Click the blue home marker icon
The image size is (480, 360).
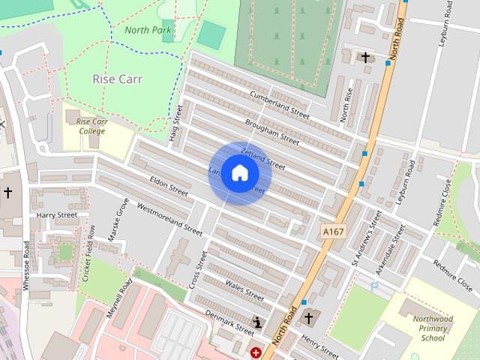pyautogui.click(x=239, y=173)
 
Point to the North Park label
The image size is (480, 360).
pyautogui.click(x=148, y=31)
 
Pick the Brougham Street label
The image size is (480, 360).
pyautogui.click(x=271, y=130)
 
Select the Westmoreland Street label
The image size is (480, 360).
pyautogui.click(x=170, y=217)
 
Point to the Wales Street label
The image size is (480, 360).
pyautogui.click(x=245, y=290)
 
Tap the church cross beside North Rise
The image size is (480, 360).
pyautogui.click(x=365, y=58)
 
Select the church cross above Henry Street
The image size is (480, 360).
pyautogui.click(x=308, y=319)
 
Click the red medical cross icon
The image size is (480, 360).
pyautogui.click(x=256, y=352)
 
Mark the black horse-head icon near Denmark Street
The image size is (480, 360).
pyautogui.click(x=259, y=322)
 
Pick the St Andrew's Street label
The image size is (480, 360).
pyautogui.click(x=367, y=238)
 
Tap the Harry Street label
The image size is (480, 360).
pyautogui.click(x=57, y=215)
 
